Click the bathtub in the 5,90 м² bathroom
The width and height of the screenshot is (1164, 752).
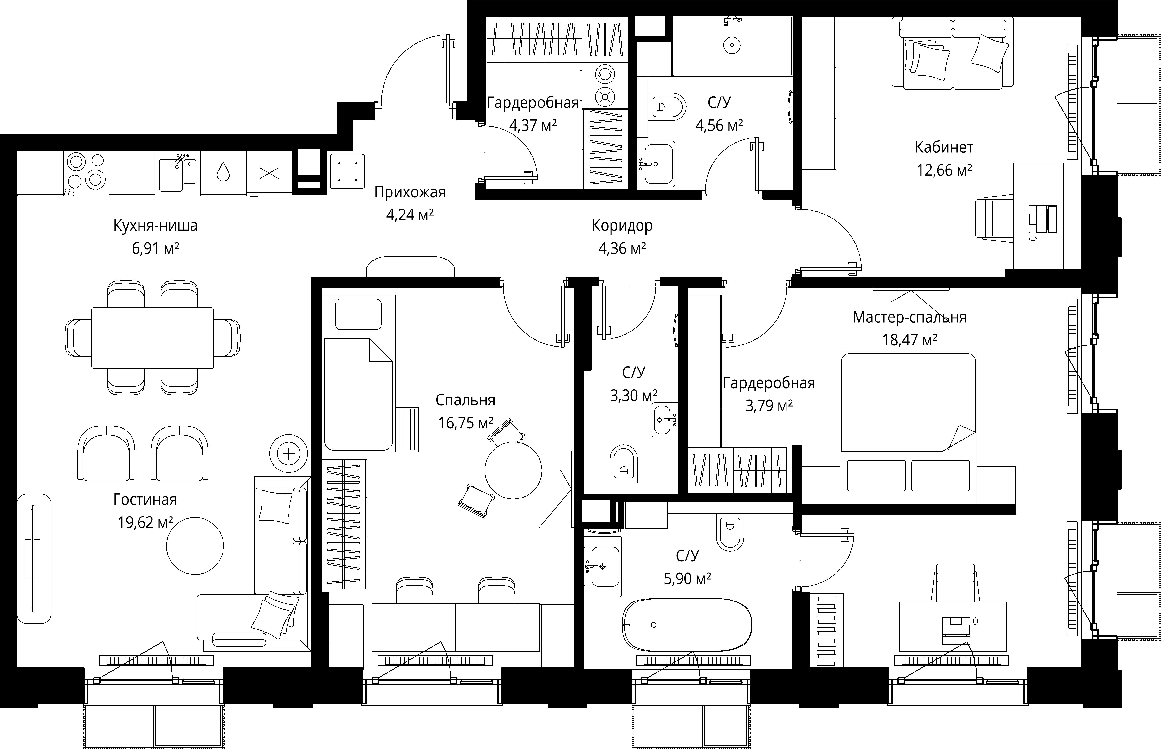point(687,625)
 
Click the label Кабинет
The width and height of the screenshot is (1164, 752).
point(944,147)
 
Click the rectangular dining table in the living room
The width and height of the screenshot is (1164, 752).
point(152,337)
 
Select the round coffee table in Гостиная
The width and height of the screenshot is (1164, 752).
point(195,546)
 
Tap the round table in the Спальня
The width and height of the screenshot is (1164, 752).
point(513,470)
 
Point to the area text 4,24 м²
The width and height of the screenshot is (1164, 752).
point(410,215)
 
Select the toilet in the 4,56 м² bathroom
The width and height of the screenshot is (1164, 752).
point(667,106)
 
